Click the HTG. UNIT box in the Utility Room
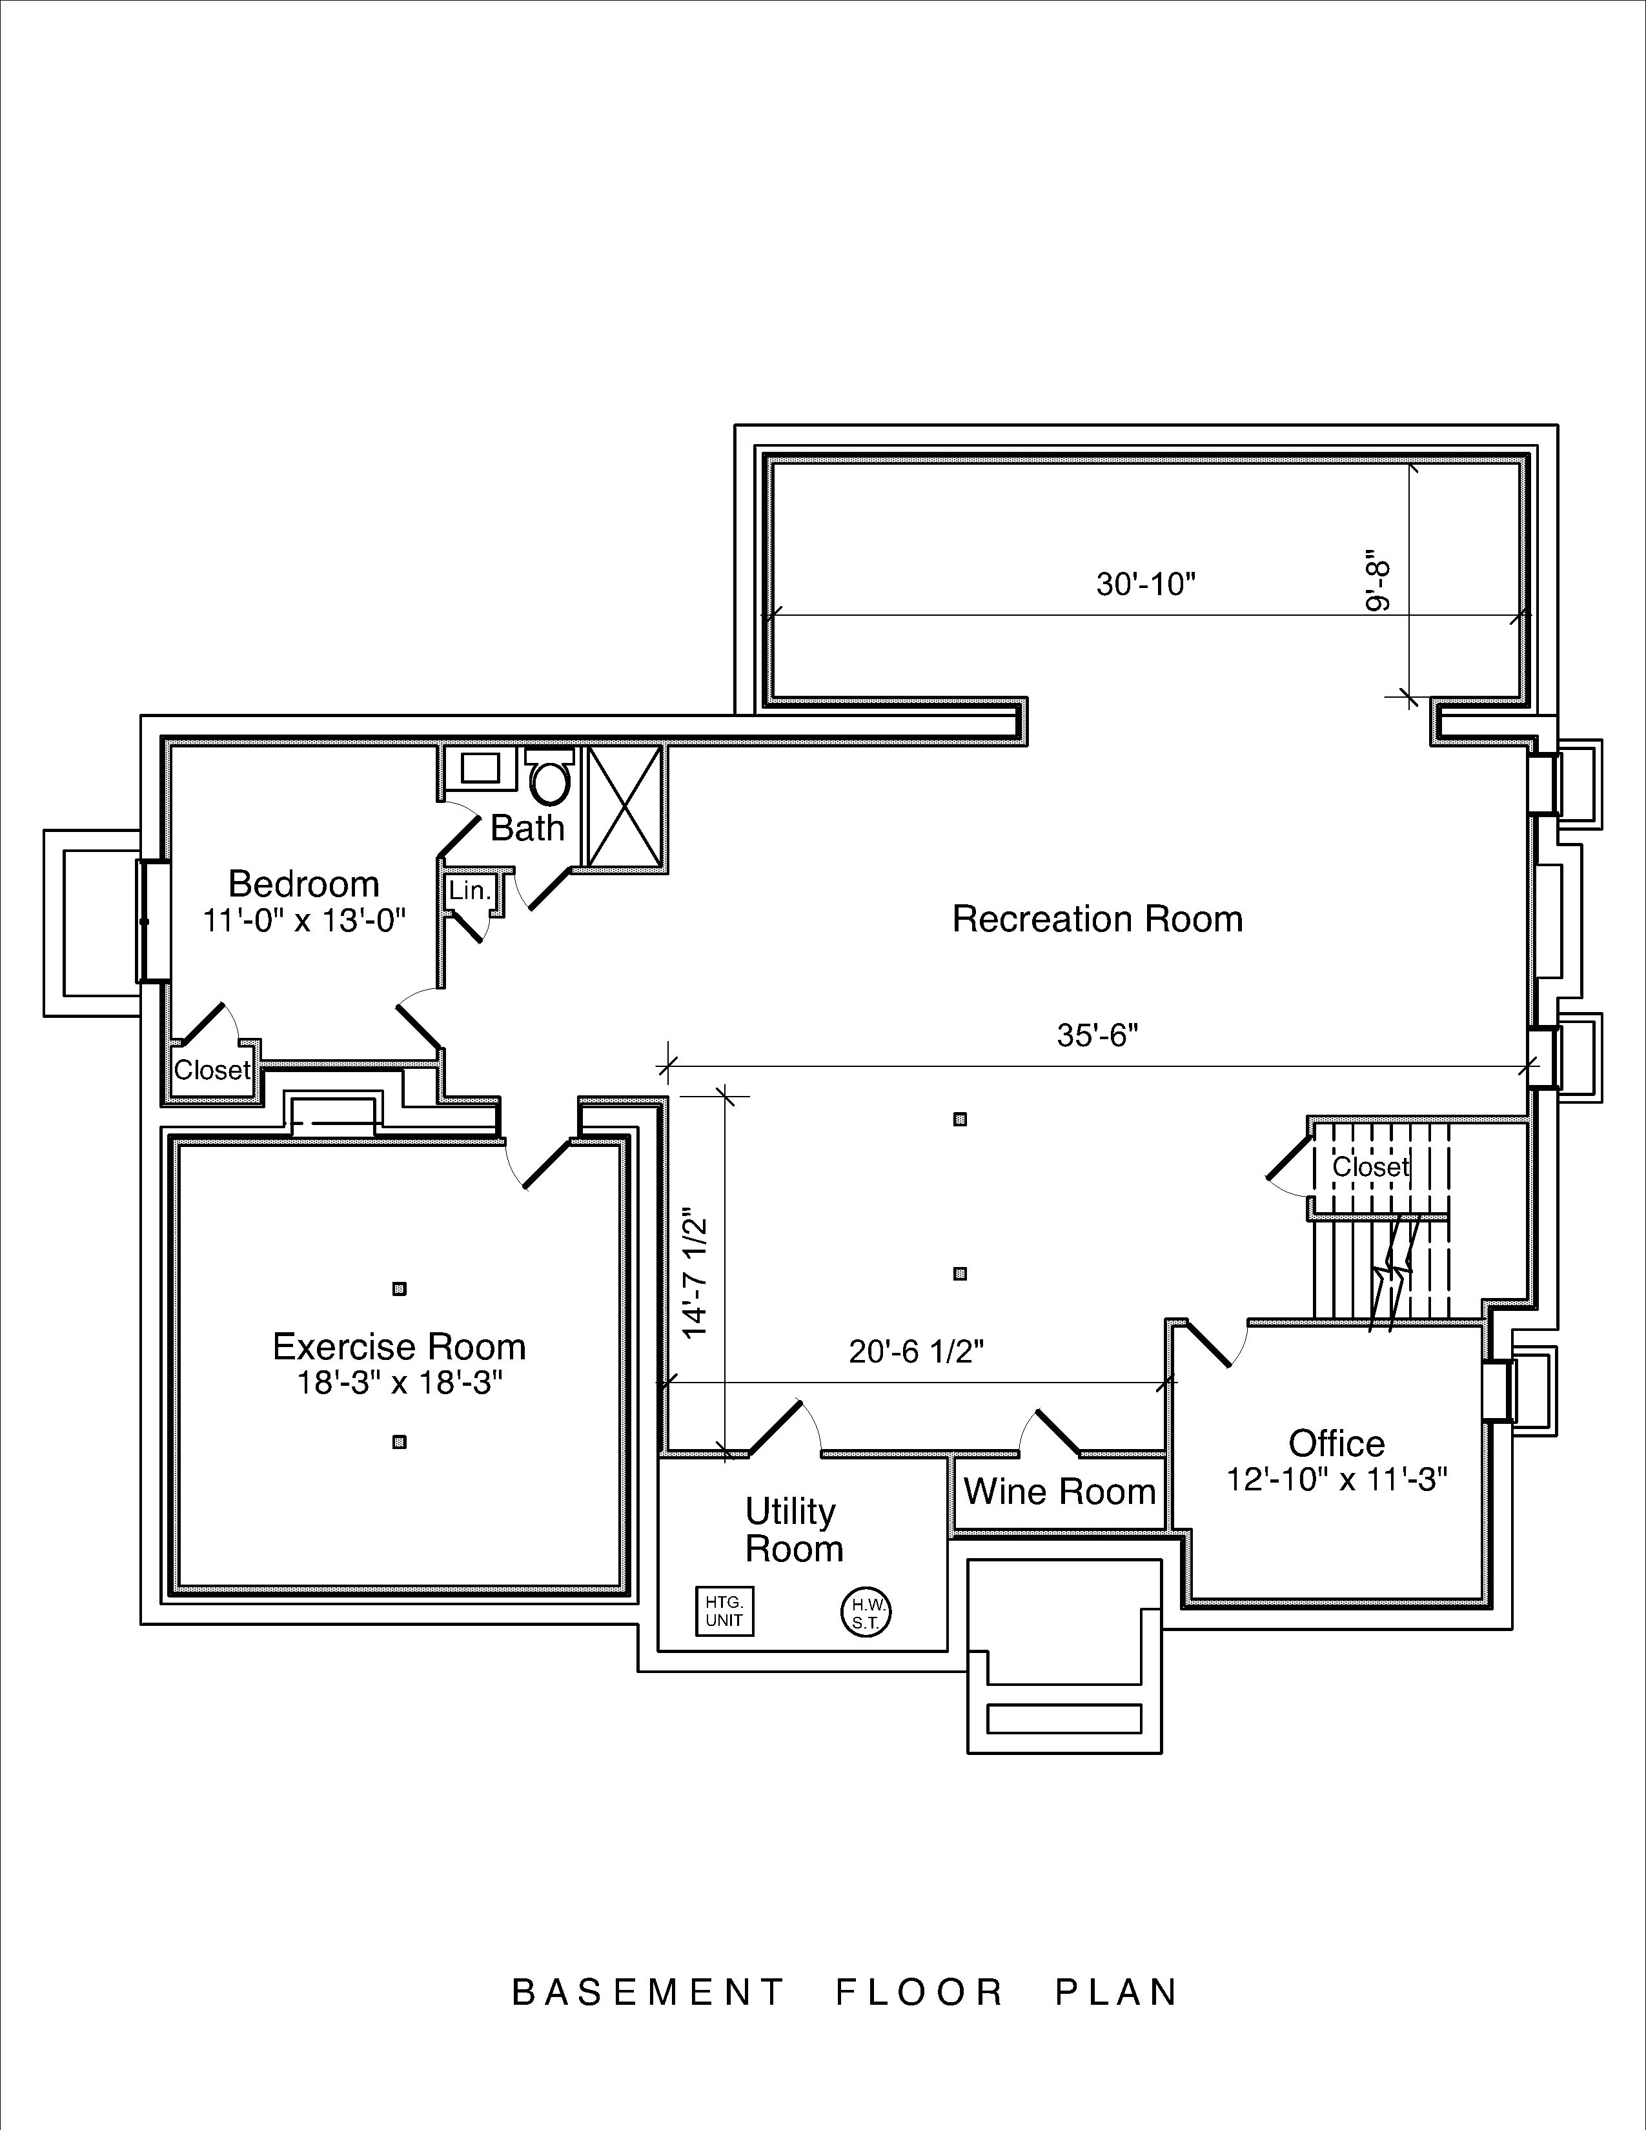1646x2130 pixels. click(724, 1611)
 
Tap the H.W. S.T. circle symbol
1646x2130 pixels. click(866, 1613)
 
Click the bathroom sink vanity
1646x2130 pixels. click(480, 767)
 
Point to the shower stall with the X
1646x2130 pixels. click(625, 806)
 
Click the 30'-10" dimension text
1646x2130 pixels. click(1146, 584)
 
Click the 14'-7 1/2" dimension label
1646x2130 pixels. click(695, 1277)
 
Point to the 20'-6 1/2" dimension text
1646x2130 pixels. click(916, 1352)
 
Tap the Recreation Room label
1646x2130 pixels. click(1097, 918)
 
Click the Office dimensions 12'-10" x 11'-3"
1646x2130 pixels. click(1336, 1479)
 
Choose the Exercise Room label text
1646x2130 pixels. click(399, 1347)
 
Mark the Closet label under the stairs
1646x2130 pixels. click(1370, 1166)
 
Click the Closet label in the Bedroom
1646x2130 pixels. click(212, 1070)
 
